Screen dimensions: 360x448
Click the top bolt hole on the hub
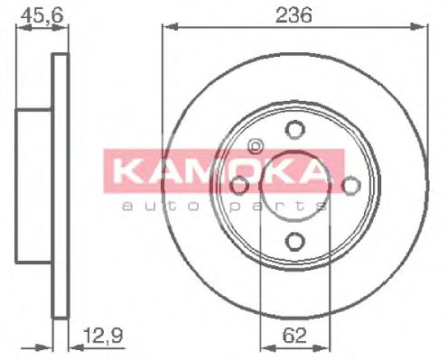[294, 129]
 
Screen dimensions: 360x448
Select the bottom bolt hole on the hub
[294, 241]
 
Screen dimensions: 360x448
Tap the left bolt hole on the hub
[238, 185]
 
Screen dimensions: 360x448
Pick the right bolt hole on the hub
[350, 185]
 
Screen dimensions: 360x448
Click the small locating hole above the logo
[255, 146]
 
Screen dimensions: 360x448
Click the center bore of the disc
[294, 185]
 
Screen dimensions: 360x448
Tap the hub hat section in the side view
[34, 185]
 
